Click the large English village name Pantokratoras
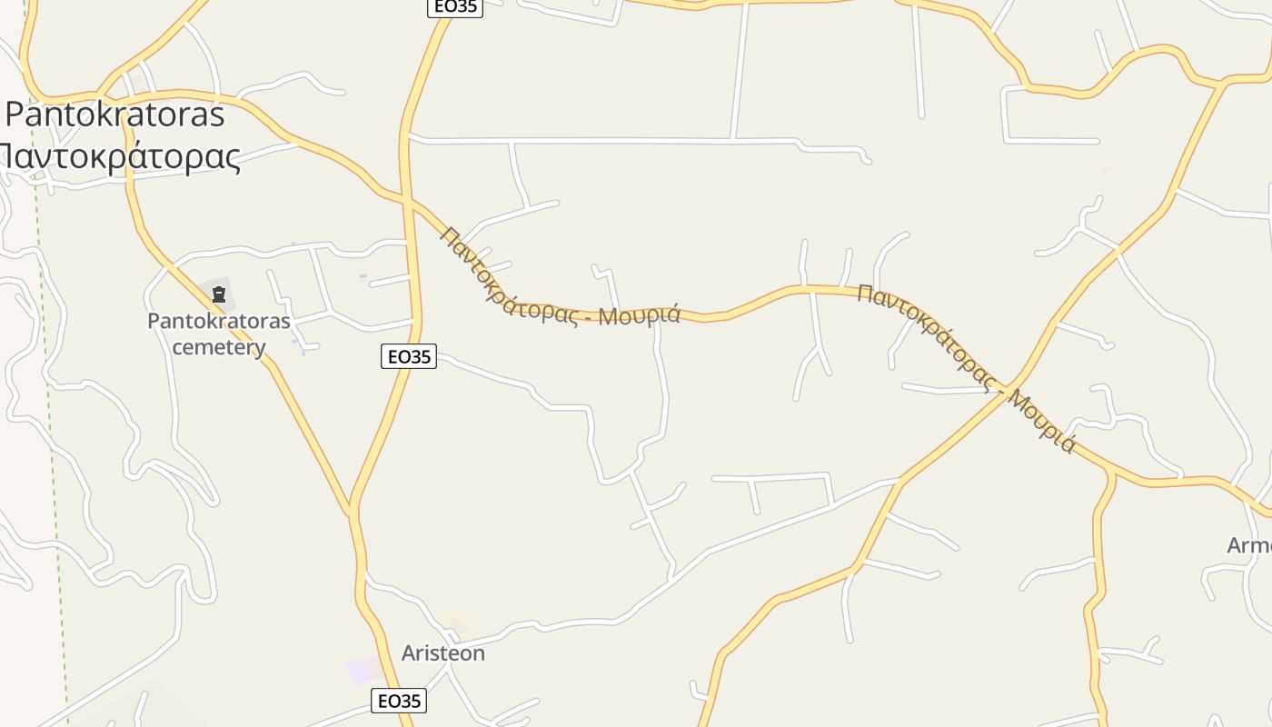[x=114, y=115]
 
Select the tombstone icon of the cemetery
[x=218, y=294]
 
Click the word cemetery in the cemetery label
[x=219, y=347]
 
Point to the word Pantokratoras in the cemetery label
[x=219, y=321]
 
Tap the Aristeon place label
[x=443, y=653]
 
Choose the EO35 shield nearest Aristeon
[x=399, y=701]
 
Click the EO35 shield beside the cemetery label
[x=409, y=356]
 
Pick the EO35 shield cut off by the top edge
[x=454, y=7]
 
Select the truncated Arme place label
[x=1249, y=545]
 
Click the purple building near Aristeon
[x=363, y=672]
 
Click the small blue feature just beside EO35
[x=363, y=276]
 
